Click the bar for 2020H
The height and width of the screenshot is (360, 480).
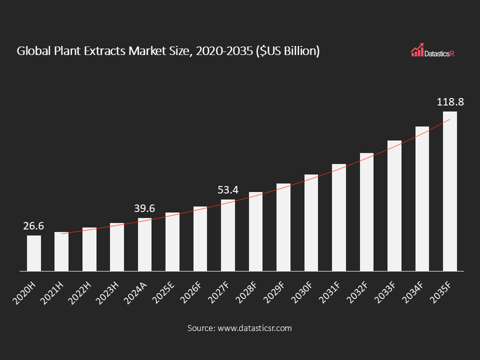coord(34,253)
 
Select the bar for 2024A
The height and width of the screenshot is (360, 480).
coord(144,244)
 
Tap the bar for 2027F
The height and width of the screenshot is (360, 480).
coord(228,235)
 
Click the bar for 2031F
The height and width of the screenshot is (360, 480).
coord(339,217)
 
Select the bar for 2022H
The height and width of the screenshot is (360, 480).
coord(89,249)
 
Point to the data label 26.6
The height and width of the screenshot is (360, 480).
coord(33,226)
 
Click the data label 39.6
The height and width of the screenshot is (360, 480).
coord(144,208)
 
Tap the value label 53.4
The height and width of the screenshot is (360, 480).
coord(228,190)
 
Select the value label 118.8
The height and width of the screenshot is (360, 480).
coord(450,102)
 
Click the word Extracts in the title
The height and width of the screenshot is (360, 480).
coord(102,51)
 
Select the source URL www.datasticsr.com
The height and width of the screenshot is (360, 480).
coord(253,328)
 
